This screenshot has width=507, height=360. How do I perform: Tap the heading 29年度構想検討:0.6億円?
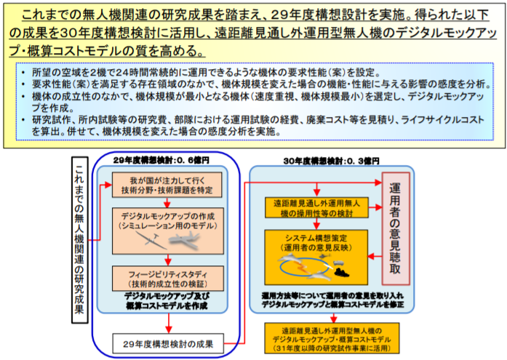pos(151,159)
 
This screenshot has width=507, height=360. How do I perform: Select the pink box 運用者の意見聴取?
pos(396,228)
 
